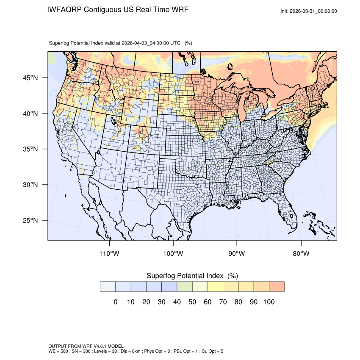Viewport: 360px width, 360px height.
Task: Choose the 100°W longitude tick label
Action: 173,254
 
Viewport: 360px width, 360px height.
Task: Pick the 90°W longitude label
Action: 237,254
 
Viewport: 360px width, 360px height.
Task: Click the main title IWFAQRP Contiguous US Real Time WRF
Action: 118,9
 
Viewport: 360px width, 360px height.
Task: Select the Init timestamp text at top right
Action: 309,11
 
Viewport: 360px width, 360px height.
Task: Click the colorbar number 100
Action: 269,302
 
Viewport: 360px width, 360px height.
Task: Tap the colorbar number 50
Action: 192,302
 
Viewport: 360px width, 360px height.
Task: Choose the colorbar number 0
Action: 115,302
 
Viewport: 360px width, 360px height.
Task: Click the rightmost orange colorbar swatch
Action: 277,286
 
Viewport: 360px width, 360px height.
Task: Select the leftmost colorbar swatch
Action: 108,286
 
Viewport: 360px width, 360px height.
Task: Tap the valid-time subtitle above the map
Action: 121,43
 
